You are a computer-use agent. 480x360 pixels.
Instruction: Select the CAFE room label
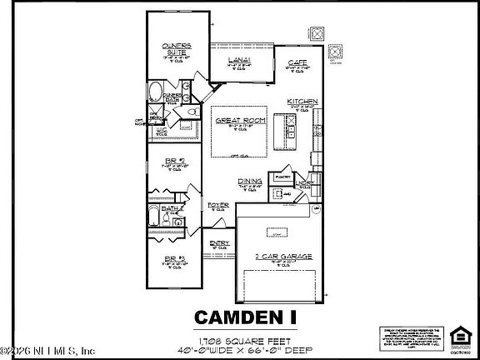click(x=298, y=62)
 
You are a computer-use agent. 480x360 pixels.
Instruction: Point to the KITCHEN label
click(x=302, y=101)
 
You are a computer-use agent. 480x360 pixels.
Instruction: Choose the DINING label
click(x=250, y=181)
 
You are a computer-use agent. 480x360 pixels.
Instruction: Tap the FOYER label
click(x=218, y=203)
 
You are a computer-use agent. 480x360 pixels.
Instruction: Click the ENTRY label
click(x=219, y=242)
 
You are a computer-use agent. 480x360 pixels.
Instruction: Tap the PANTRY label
click(x=281, y=177)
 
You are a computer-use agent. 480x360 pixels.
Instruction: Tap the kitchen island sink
click(x=292, y=129)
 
